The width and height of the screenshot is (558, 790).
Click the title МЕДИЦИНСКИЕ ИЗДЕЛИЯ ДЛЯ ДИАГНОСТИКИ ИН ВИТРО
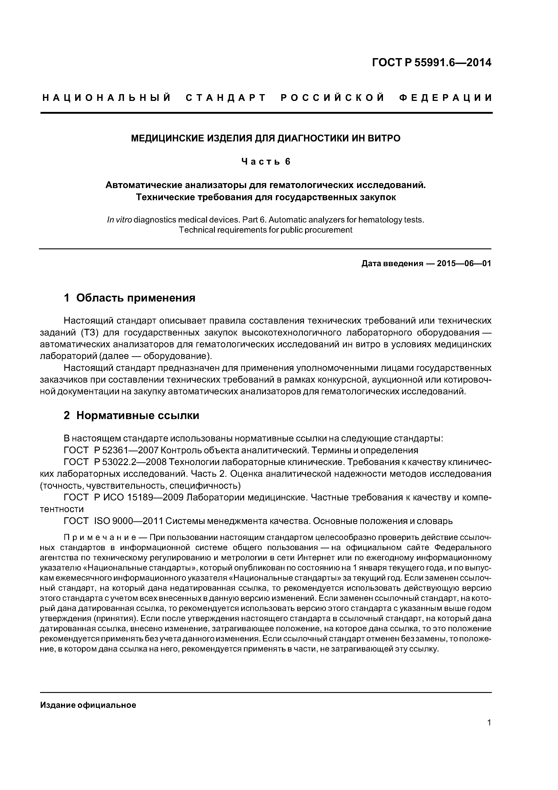(x=266, y=138)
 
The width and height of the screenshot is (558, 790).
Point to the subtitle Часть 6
(x=266, y=161)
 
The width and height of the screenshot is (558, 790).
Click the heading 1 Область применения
(x=129, y=298)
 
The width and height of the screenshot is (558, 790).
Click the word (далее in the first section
(x=112, y=356)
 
